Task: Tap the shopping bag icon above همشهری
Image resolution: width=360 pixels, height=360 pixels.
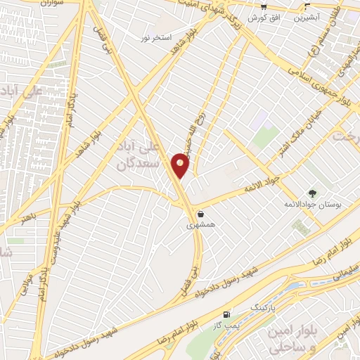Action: click(x=202, y=214)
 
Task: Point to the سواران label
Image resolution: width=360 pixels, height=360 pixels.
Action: click(x=37, y=4)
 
